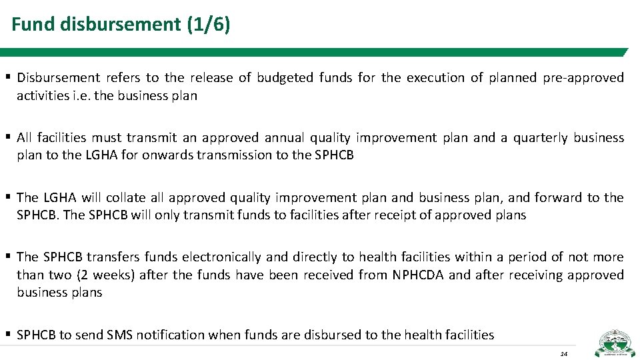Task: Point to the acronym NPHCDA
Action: (417, 275)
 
